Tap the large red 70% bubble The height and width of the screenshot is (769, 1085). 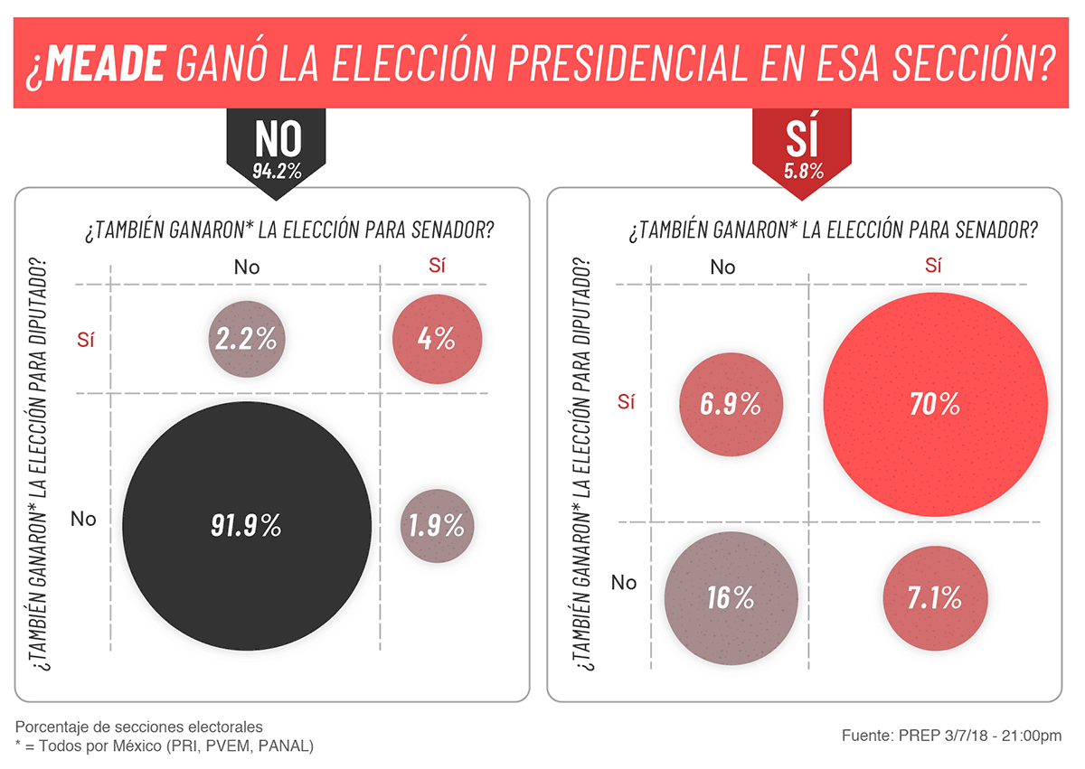point(935,404)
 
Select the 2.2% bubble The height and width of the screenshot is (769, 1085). point(247,339)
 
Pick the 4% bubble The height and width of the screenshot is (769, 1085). point(437,339)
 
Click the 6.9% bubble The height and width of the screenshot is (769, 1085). point(731,404)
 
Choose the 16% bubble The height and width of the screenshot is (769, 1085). point(731,597)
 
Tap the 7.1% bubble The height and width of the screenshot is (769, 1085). point(935,597)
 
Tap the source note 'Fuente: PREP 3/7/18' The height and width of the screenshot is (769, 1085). point(952,736)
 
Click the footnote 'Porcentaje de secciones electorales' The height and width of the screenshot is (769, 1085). point(139,727)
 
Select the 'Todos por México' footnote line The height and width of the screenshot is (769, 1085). point(165,746)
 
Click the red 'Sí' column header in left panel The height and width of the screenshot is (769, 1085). point(437,266)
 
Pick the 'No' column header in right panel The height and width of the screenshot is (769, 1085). point(722,267)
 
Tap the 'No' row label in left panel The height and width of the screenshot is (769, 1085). point(83,519)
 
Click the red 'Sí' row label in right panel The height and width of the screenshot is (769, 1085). point(627,402)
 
